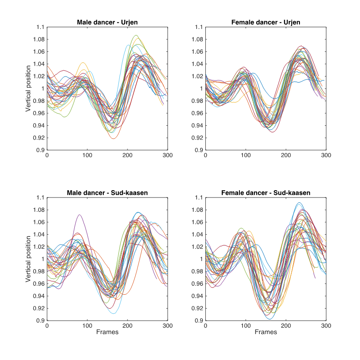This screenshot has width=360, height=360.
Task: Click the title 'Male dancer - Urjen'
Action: (x=107, y=22)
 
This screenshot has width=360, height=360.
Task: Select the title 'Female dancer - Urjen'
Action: (x=266, y=22)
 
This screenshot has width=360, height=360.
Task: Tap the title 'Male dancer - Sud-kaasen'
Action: (x=107, y=193)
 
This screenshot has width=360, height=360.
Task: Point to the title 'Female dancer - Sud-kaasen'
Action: (x=266, y=193)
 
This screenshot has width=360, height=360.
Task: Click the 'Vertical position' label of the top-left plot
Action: (x=28, y=89)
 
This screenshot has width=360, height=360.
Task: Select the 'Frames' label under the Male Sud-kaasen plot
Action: (x=107, y=332)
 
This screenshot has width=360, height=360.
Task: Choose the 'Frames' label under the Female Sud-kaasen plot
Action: (x=266, y=332)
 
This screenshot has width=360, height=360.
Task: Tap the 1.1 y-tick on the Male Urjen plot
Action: (x=40, y=27)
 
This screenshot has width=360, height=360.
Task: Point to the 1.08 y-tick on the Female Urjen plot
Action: (x=197, y=39)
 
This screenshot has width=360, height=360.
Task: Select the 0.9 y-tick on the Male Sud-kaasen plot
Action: (x=40, y=321)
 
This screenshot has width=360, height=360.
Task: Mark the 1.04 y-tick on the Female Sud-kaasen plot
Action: (x=197, y=235)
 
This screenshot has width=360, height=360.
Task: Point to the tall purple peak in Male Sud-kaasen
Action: (x=79, y=215)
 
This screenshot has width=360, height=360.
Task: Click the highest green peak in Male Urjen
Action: (x=136, y=35)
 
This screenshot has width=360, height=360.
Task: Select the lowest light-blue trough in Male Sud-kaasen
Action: (x=113, y=313)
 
